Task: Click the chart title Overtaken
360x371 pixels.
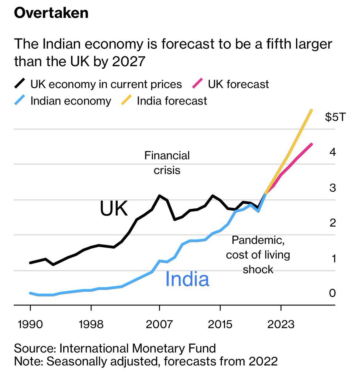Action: click(x=51, y=13)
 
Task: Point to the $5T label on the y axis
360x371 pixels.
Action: click(x=335, y=117)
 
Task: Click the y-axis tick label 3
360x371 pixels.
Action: click(x=332, y=188)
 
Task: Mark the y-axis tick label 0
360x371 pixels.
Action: click(x=332, y=292)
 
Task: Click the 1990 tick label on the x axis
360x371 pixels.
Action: click(x=30, y=324)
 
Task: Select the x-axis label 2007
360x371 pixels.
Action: click(x=159, y=324)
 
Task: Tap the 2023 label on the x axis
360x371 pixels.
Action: click(x=281, y=324)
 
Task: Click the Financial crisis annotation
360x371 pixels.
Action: click(x=167, y=163)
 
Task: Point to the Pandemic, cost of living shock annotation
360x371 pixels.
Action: click(x=258, y=254)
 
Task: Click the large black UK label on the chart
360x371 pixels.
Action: click(x=113, y=208)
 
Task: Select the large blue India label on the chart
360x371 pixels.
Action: click(x=187, y=279)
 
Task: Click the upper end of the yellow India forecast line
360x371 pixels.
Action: click(x=312, y=110)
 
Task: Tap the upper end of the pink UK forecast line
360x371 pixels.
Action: click(x=312, y=144)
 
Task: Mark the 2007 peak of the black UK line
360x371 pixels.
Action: click(x=159, y=195)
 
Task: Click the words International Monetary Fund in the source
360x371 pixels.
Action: click(x=138, y=348)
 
